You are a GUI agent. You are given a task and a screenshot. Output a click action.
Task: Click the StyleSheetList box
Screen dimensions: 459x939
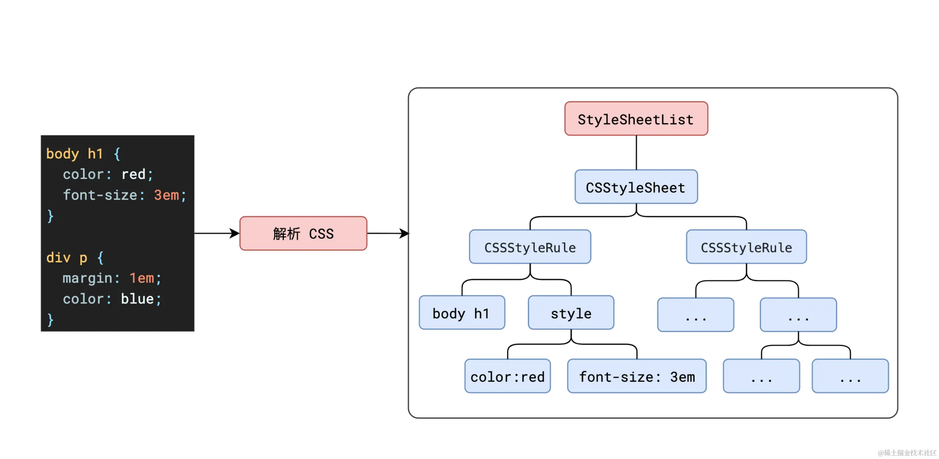tap(636, 119)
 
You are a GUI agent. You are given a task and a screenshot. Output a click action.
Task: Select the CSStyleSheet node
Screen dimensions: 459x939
tap(636, 187)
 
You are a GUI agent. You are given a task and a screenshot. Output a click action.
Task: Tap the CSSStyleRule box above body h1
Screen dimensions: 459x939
tap(530, 247)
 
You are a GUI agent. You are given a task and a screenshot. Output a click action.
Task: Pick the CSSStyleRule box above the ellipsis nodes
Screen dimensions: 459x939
tap(746, 247)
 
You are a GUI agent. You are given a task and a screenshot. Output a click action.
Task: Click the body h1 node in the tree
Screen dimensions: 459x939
tap(461, 313)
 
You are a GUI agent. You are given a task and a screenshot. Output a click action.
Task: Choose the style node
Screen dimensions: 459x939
tap(571, 313)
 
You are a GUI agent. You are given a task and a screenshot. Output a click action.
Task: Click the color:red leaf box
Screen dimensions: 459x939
tap(507, 376)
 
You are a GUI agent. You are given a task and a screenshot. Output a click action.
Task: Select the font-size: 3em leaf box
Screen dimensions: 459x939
tap(636, 376)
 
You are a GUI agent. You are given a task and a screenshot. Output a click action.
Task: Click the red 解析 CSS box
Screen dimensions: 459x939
tap(303, 234)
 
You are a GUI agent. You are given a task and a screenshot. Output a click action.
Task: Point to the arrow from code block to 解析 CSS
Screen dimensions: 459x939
tap(217, 233)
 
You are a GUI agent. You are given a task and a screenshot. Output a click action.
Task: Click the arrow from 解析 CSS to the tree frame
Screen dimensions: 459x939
tap(388, 233)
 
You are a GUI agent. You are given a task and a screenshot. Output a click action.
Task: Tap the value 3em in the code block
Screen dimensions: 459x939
tap(166, 195)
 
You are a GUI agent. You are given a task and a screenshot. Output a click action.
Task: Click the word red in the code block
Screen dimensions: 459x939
tap(133, 174)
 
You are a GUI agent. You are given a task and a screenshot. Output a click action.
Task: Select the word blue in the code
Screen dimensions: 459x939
tap(137, 299)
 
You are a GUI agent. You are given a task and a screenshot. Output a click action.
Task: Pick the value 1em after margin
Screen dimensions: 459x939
tap(142, 278)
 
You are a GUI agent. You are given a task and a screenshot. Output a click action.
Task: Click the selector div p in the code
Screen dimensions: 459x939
tap(67, 257)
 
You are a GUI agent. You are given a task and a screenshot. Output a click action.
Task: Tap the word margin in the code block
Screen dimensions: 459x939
tap(87, 278)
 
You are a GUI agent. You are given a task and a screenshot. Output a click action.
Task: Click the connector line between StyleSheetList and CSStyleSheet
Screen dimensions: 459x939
tap(636, 152)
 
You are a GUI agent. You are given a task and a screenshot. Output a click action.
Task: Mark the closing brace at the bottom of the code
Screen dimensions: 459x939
tap(50, 319)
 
